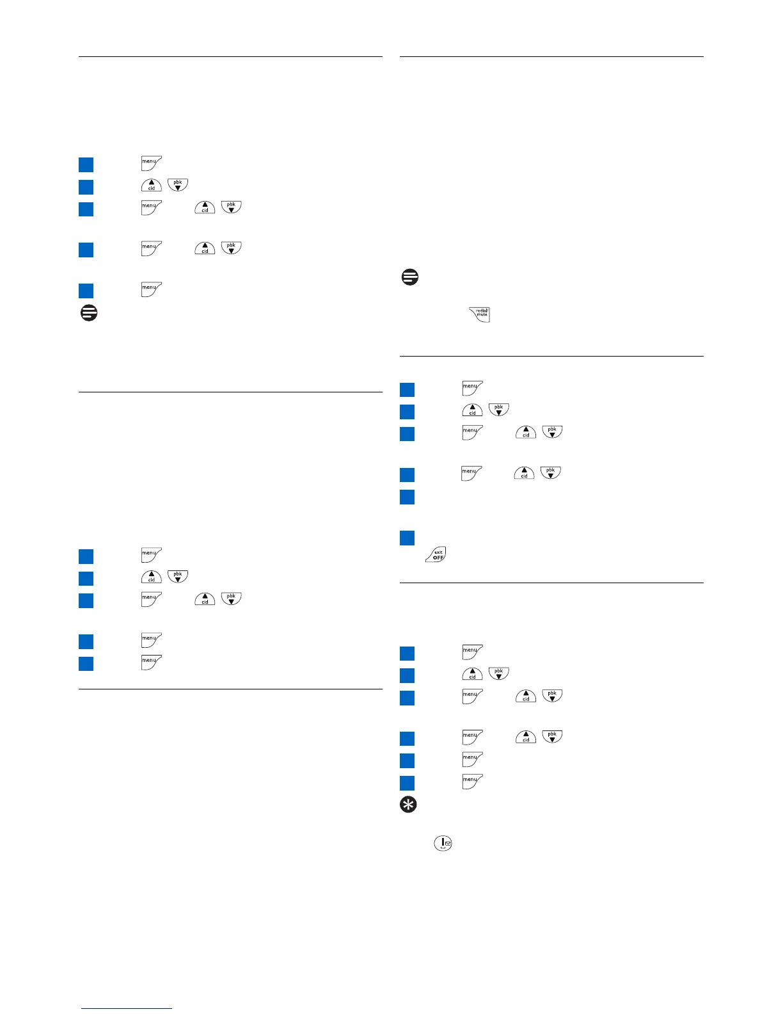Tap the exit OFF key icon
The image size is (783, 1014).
[x=436, y=554]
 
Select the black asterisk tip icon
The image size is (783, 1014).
[x=408, y=805]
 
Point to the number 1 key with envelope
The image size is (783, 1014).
[x=443, y=843]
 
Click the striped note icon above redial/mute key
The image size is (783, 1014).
[x=409, y=277]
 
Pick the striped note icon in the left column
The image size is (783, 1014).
[x=89, y=312]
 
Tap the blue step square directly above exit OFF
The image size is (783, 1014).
[x=407, y=538]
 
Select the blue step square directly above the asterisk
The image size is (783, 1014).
[x=407, y=782]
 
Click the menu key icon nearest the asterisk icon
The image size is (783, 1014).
[x=472, y=780]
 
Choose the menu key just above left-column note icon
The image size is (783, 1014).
[x=151, y=289]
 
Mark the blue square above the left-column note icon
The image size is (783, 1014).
[x=86, y=291]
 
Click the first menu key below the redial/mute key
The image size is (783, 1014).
[x=472, y=388]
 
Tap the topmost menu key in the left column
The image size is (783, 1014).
[x=151, y=163]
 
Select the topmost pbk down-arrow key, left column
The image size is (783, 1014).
[x=177, y=185]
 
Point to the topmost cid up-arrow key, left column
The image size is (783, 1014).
[x=151, y=185]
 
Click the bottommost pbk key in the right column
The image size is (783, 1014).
[x=552, y=736]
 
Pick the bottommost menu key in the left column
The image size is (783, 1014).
[x=151, y=662]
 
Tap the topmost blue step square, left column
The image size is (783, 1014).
[x=86, y=165]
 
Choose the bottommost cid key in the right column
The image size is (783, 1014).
[x=525, y=736]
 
